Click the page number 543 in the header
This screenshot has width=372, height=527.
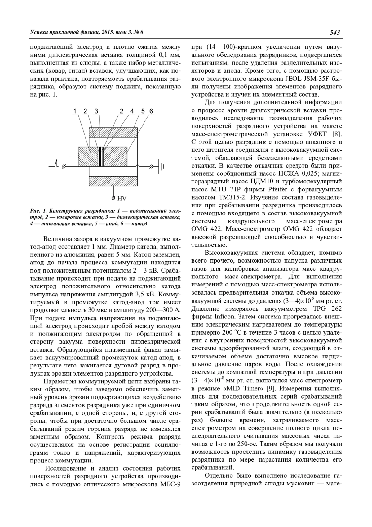(335, 32)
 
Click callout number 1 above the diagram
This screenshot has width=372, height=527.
(75, 111)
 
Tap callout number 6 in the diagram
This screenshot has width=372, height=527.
(151, 111)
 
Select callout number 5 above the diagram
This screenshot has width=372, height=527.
(143, 111)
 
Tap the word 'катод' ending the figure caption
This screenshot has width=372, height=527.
(140, 223)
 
